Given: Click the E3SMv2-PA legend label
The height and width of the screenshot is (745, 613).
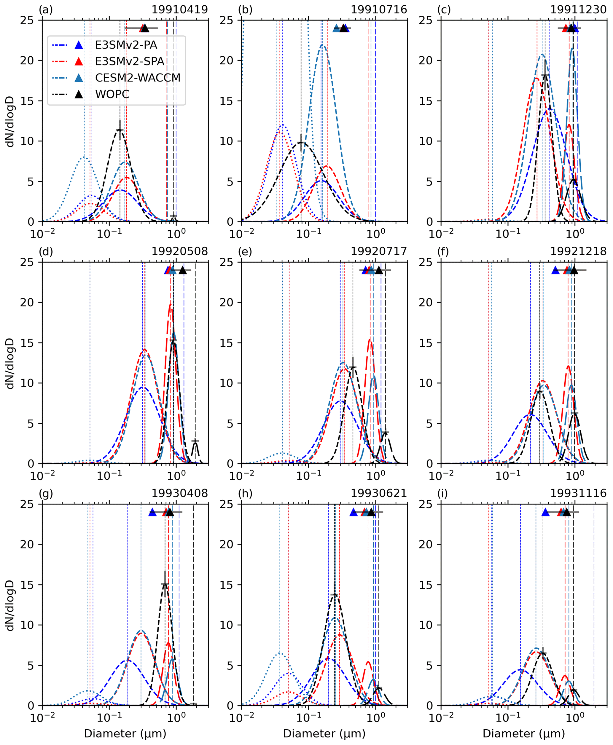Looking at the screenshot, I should point(126,45).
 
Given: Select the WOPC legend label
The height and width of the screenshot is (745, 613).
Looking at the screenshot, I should point(112,94).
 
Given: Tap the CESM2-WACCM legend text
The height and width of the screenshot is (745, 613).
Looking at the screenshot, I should point(138,78).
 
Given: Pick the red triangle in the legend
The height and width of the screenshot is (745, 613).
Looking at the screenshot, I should point(79,61).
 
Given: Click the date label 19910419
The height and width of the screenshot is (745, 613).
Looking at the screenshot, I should point(180,9).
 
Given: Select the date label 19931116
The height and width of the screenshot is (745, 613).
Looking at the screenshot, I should point(578,493).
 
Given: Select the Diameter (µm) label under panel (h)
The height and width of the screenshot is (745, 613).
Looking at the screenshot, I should point(324,734).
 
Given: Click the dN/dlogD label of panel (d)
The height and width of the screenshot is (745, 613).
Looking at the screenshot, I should point(10,363).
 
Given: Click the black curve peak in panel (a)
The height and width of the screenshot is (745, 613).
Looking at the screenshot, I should point(120,130).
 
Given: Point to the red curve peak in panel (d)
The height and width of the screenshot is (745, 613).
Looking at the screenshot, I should point(171,304).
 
